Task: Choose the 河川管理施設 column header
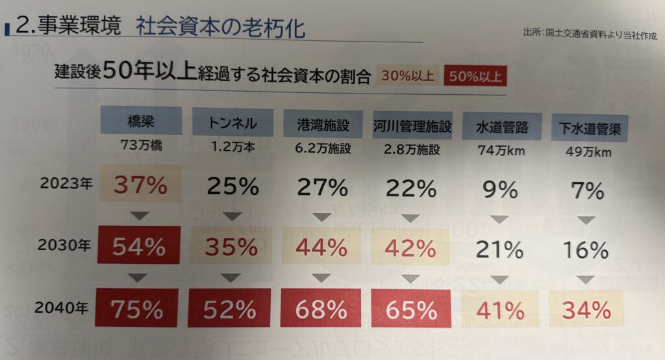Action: [x=412, y=123]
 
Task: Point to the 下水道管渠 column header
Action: [x=590, y=128]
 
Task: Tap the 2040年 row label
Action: [x=63, y=307]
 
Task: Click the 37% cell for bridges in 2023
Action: [x=141, y=185]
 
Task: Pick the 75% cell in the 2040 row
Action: [x=136, y=309]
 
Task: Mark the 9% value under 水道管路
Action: [x=500, y=189]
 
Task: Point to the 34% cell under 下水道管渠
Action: [x=586, y=309]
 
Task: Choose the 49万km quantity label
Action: [x=589, y=153]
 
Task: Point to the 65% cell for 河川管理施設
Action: [x=410, y=309]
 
